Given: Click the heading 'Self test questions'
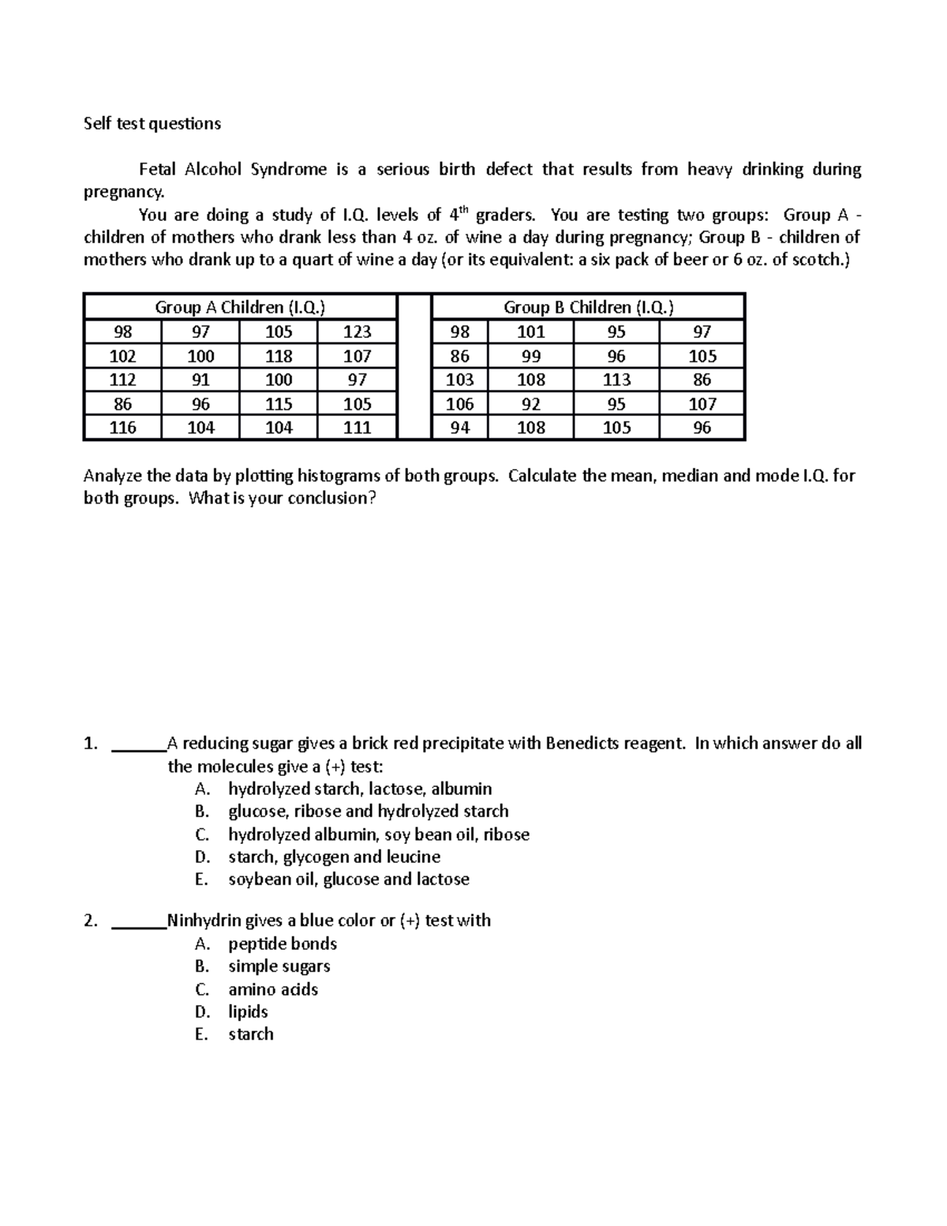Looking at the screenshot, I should (x=152, y=124).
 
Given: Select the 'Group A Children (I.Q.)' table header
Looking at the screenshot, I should (x=240, y=307).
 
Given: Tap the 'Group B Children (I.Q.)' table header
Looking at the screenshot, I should (x=588, y=307).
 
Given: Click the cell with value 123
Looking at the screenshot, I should (x=357, y=332).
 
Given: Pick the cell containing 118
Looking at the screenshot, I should (x=279, y=356).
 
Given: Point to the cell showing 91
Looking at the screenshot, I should (x=200, y=380).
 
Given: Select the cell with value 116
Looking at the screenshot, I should (x=122, y=428).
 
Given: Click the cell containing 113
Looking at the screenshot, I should (x=616, y=380).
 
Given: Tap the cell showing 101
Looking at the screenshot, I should (x=531, y=332).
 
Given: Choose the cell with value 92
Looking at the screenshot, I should (x=531, y=404).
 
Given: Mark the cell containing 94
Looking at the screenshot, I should (x=459, y=428).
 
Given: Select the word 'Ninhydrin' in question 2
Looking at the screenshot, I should (x=204, y=920).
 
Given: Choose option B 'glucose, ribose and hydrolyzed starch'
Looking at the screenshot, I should (x=368, y=812).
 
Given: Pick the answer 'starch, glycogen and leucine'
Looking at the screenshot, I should (x=334, y=857).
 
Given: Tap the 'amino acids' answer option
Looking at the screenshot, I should (x=273, y=990).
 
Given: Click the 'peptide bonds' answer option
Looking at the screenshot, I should (x=283, y=944).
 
